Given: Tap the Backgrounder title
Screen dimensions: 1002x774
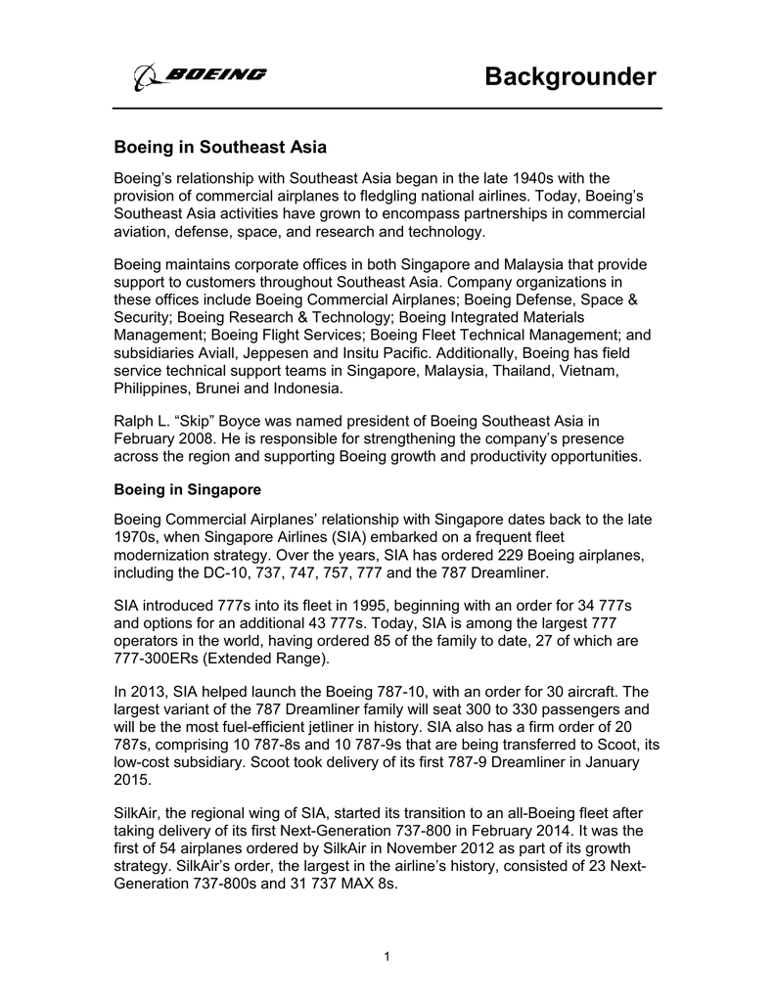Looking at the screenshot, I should [570, 77].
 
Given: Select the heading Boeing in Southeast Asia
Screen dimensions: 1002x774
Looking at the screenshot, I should [220, 148].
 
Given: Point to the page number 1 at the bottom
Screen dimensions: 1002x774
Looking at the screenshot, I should [387, 956].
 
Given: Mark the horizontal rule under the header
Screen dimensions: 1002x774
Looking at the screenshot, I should [387, 107].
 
